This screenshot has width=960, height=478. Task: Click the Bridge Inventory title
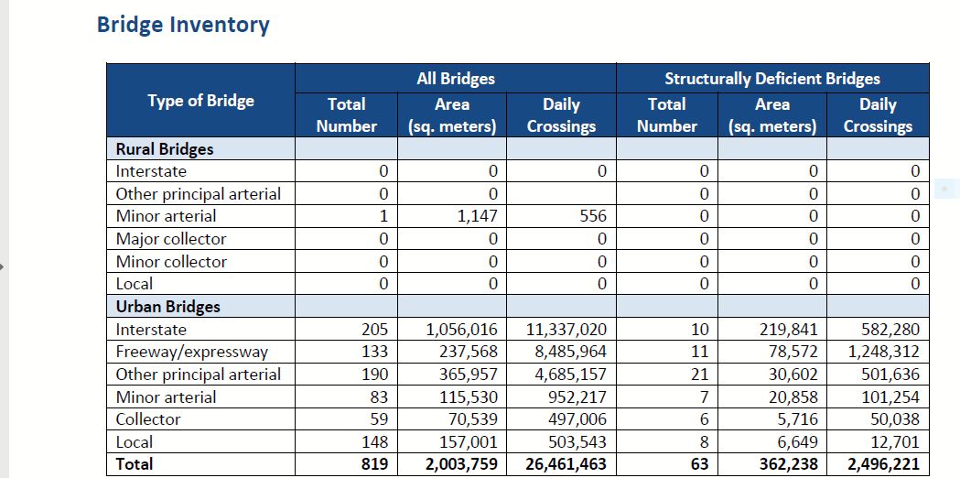click(183, 25)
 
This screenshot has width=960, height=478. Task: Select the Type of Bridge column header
click(200, 101)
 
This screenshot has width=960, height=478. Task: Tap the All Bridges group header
click(455, 79)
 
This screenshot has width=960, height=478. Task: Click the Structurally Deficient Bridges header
click(771, 79)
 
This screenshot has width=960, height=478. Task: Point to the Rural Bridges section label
click(165, 149)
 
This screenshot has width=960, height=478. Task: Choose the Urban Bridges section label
click(168, 307)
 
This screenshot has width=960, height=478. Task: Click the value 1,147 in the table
click(478, 216)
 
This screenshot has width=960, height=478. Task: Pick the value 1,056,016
click(462, 330)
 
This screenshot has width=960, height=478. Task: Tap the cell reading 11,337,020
click(566, 330)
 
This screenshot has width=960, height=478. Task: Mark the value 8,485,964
click(571, 352)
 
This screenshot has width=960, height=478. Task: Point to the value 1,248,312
click(884, 352)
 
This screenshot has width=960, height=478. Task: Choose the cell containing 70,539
click(472, 419)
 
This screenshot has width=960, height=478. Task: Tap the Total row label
click(135, 464)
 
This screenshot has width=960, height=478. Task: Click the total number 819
click(373, 464)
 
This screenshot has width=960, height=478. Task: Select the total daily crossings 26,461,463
click(566, 464)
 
